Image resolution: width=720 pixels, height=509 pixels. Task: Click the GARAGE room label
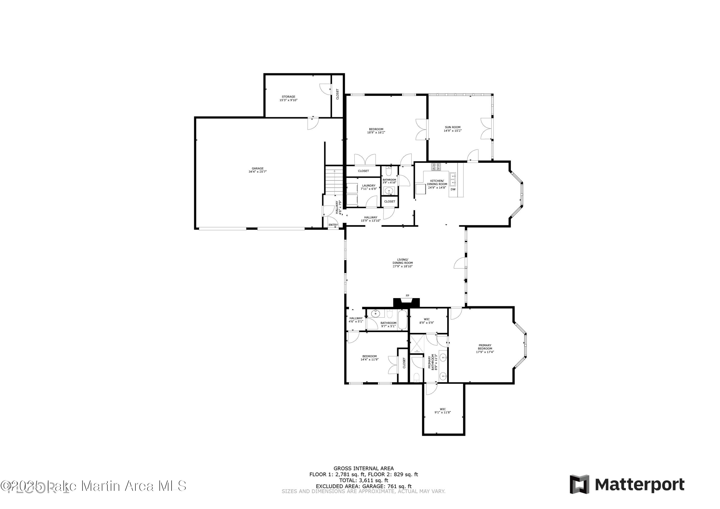click(258, 170)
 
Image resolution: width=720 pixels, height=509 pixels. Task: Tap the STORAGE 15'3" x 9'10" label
click(288, 98)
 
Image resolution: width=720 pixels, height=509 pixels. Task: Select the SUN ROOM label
click(452, 129)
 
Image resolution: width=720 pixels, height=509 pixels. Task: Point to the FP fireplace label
click(407, 295)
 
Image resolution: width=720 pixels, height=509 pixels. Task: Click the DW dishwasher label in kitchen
click(453, 189)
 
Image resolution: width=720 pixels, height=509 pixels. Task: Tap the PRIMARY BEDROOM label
click(485, 348)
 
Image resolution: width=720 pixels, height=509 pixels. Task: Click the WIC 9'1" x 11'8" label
click(443, 411)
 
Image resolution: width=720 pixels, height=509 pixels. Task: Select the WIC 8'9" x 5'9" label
click(426, 321)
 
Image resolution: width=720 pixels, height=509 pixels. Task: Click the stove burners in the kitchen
click(436, 167)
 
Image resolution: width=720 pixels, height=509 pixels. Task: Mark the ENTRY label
click(333, 225)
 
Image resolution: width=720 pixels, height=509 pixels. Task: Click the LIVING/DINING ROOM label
click(403, 263)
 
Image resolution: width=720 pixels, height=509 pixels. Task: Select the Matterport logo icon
click(579, 484)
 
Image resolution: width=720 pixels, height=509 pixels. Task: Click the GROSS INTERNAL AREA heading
click(363, 468)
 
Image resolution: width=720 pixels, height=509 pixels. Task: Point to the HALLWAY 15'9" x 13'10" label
click(371, 219)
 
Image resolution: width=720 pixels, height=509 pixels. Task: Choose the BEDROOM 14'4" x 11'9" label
click(369, 358)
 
